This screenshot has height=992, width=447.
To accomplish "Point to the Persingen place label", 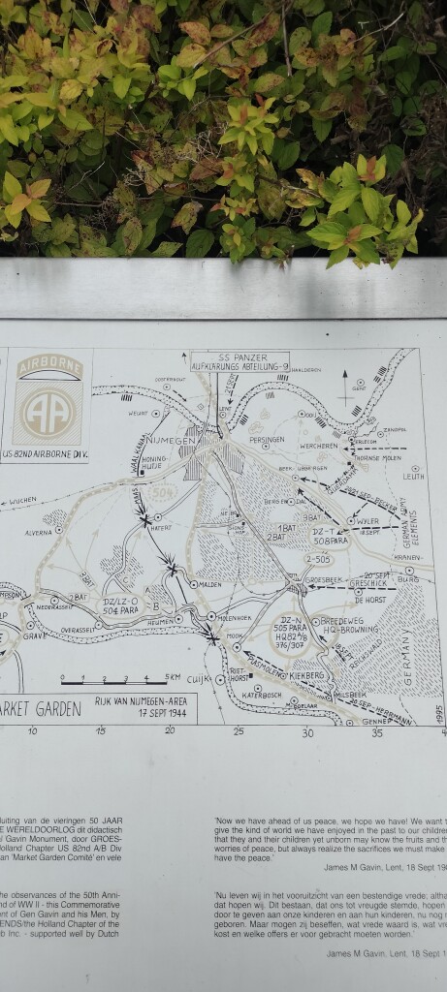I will coord(266,439).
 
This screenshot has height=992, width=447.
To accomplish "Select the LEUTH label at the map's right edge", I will coord(413,476).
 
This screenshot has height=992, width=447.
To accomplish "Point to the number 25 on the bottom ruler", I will coord(239,731).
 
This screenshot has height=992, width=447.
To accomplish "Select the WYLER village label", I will coord(367,520).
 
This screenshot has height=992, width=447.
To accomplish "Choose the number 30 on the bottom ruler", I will coord(308,731).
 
